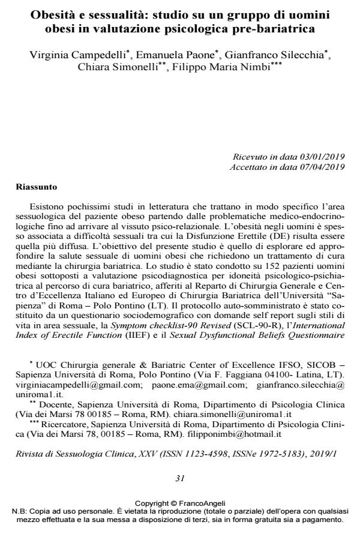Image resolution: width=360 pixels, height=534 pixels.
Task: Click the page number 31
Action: (180, 478)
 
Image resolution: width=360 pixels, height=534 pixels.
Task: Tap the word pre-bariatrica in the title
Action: (283, 28)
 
